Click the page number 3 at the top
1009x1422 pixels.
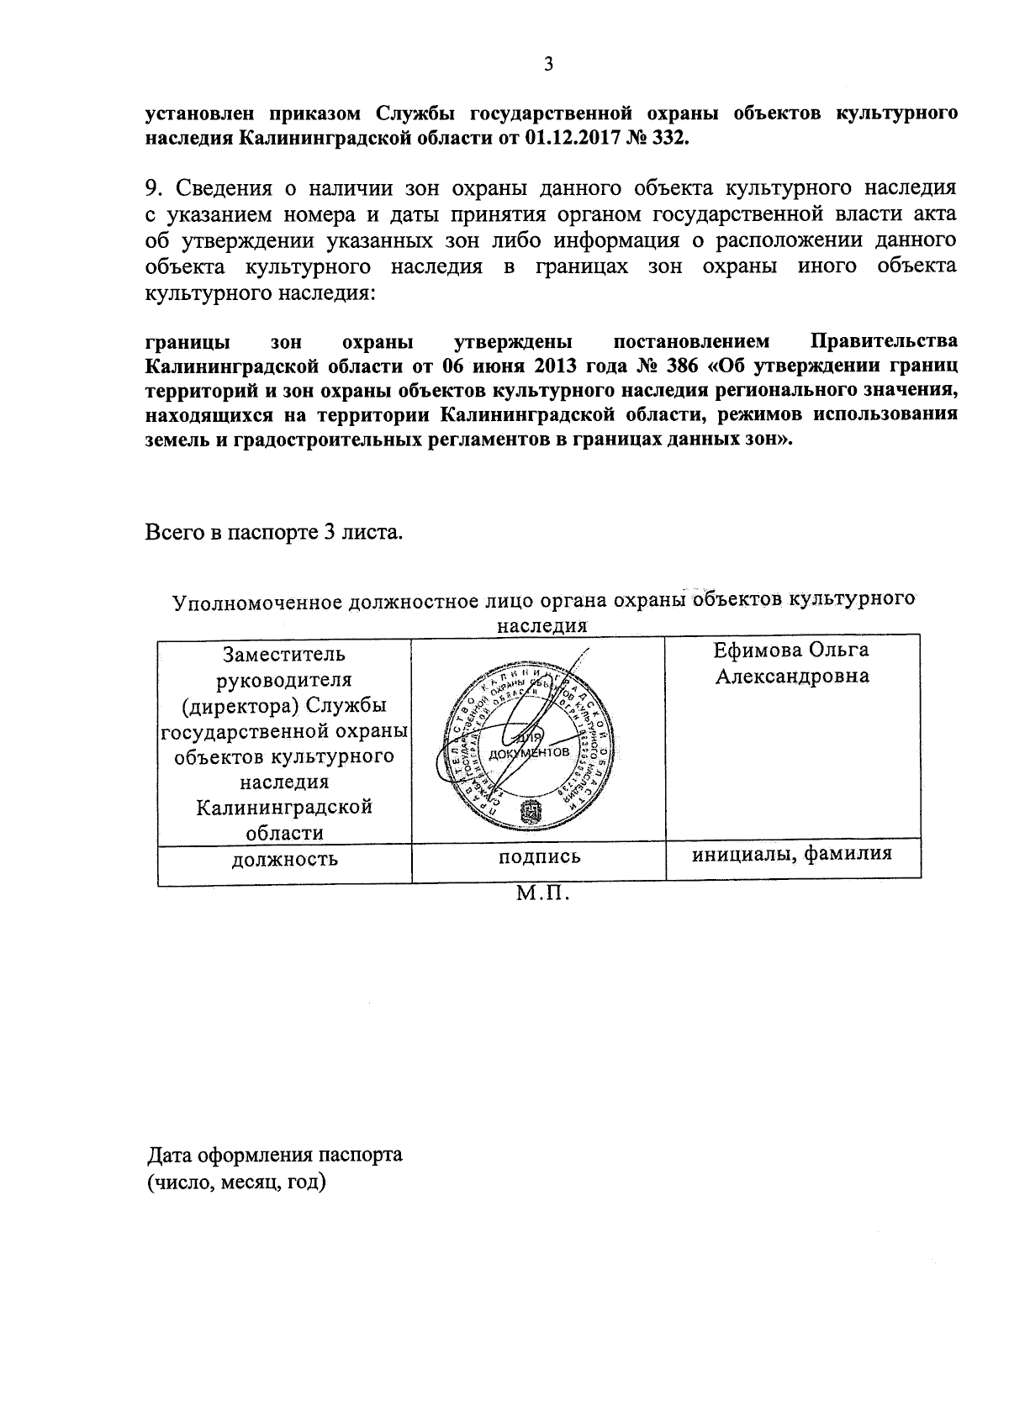tap(548, 65)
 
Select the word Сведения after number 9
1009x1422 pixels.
tap(222, 187)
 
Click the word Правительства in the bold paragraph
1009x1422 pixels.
tap(883, 342)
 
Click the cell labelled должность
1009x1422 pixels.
tap(284, 859)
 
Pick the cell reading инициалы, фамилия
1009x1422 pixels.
tap(791, 855)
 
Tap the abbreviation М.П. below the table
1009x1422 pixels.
tap(542, 894)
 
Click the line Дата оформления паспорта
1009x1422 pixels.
tap(275, 1154)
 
